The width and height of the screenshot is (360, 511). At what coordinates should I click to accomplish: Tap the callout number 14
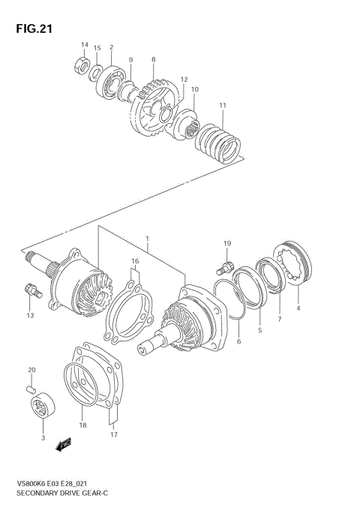pos(85,46)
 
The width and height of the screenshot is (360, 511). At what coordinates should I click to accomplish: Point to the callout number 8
pos(153,59)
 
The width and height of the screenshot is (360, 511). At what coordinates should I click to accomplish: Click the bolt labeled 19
pos(223,267)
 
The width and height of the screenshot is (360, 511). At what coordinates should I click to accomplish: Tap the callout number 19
pos(226,244)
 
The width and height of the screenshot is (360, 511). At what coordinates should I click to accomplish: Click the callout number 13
pos(30,315)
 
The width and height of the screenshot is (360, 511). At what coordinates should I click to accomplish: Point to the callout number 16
pos(135,262)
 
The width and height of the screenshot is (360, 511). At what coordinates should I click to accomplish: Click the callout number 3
pos(43,437)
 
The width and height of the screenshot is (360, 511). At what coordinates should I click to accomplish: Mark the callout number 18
pos(82,425)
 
